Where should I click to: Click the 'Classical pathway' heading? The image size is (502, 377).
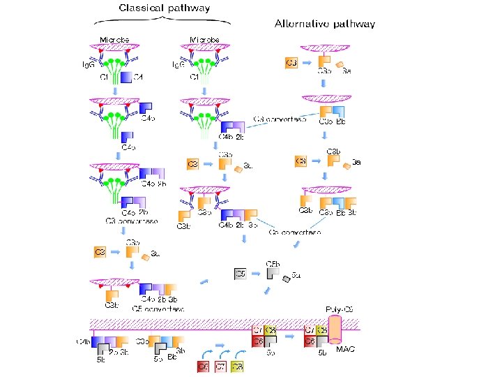(165, 8)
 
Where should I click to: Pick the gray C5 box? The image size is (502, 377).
(240, 274)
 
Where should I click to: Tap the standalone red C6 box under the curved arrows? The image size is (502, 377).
(204, 366)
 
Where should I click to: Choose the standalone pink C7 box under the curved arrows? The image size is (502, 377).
(220, 366)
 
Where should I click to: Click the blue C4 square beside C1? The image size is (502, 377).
(125, 77)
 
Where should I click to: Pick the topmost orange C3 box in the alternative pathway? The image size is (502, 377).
(291, 64)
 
